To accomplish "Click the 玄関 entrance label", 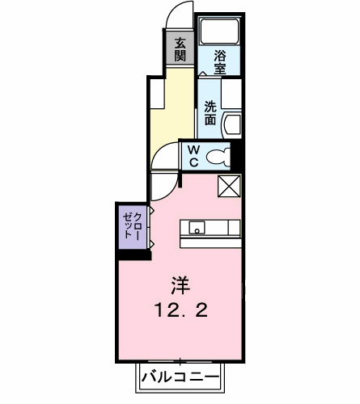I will click(x=179, y=48).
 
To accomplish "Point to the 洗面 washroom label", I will click(x=210, y=112).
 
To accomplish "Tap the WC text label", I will click(x=194, y=156).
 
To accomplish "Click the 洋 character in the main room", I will click(x=180, y=285).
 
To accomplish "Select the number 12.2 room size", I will click(x=180, y=309).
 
